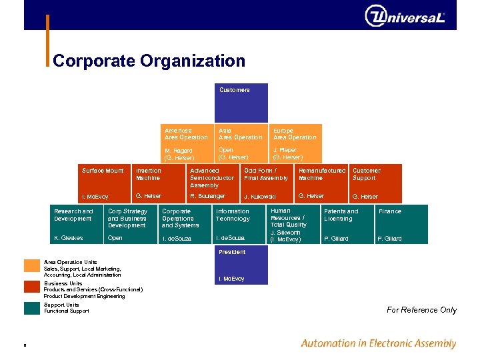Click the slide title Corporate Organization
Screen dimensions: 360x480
(x=149, y=61)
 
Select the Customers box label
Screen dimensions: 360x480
(x=235, y=90)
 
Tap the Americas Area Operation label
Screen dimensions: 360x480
(x=186, y=134)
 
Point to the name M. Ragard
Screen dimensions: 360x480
(x=179, y=151)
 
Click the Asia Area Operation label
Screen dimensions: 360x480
(x=240, y=134)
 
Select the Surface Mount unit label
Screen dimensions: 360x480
(x=103, y=171)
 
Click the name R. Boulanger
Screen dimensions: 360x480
(x=207, y=196)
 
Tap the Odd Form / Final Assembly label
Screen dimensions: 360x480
(x=266, y=174)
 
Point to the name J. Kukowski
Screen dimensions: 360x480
(x=260, y=197)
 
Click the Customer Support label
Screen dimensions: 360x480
(x=366, y=174)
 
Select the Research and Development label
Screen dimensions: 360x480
(x=73, y=215)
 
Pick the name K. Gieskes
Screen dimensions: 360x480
(x=69, y=238)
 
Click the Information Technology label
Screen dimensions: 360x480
(x=233, y=215)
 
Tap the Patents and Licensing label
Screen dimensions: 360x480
(x=341, y=215)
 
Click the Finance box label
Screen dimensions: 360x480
(x=389, y=211)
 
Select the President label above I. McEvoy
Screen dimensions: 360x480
(x=232, y=252)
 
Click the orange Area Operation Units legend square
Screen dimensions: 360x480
(x=32, y=265)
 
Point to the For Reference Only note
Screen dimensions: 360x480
(x=421, y=310)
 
